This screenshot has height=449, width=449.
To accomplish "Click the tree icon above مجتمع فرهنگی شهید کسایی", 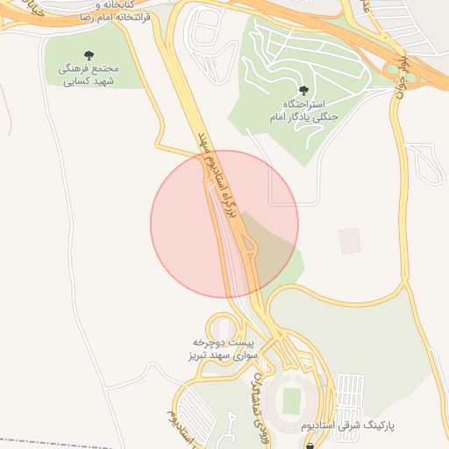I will click(x=92, y=53).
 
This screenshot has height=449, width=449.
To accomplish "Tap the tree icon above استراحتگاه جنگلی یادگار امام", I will click(x=303, y=89).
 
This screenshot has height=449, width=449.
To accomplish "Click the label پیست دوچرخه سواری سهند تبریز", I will click(x=224, y=349).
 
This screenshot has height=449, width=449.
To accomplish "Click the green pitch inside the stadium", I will click(x=291, y=401).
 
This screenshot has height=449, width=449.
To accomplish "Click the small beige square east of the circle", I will click(x=350, y=241).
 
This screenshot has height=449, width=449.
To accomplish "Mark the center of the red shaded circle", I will click(x=224, y=224).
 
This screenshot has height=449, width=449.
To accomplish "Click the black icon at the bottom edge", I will click(x=309, y=445).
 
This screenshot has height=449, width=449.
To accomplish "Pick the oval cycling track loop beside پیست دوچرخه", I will click(x=220, y=324).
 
